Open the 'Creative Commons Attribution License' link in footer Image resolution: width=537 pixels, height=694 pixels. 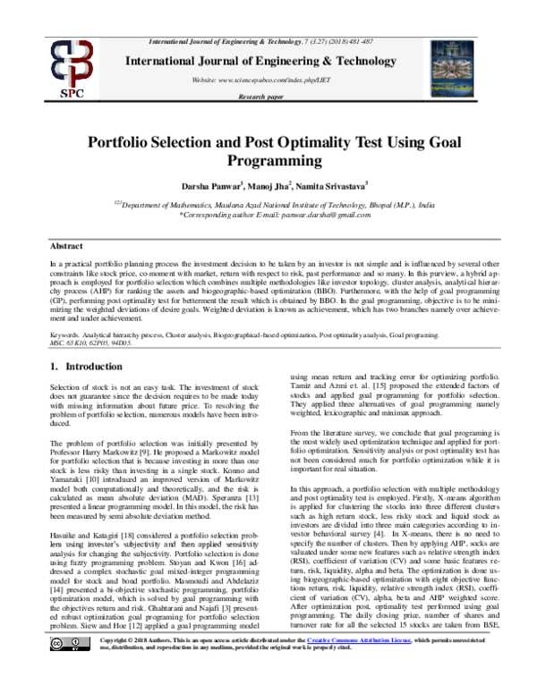pyautogui.click(x=358, y=666)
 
